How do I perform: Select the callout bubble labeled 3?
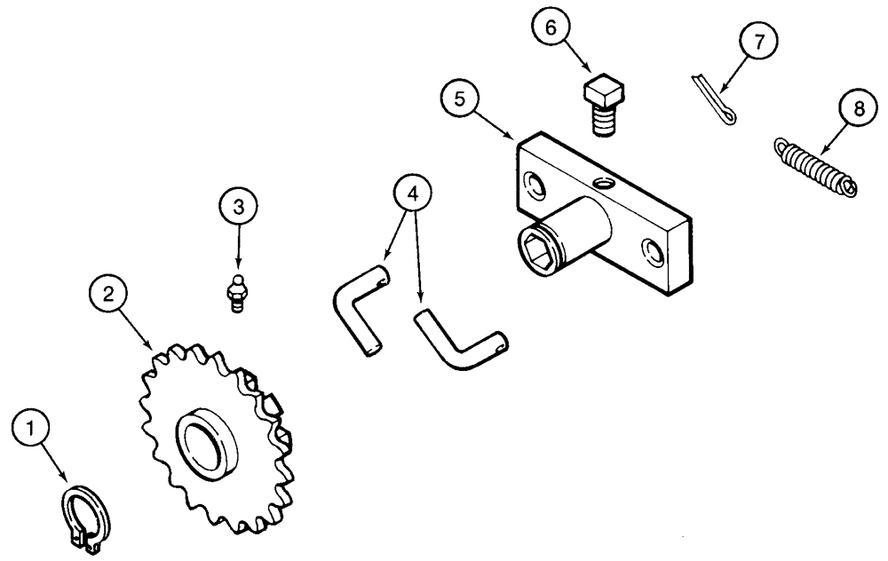pyautogui.click(x=237, y=206)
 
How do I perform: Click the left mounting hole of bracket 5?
pyautogui.click(x=535, y=186)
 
